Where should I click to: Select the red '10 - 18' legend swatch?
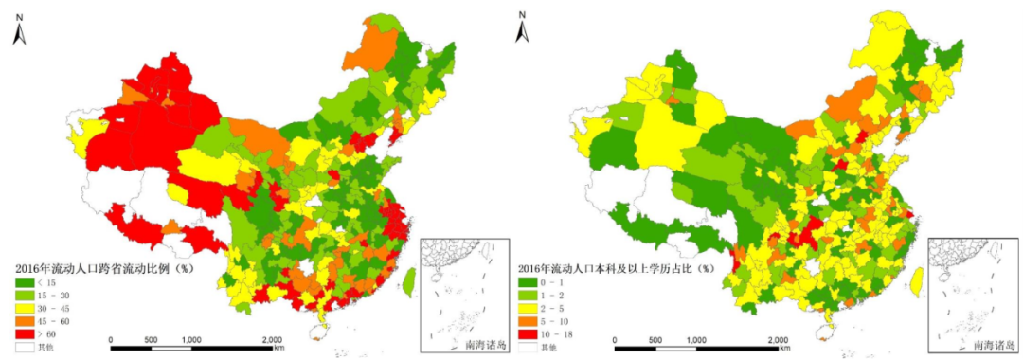tap(527, 333)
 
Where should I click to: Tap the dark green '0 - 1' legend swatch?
tap(527, 281)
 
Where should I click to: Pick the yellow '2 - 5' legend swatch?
tap(527, 308)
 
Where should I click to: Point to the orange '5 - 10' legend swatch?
tap(527, 321)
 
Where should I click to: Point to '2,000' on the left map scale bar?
tap(271, 338)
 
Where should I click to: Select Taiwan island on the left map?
tap(409, 279)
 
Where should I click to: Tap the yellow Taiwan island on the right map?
tap(914, 279)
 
